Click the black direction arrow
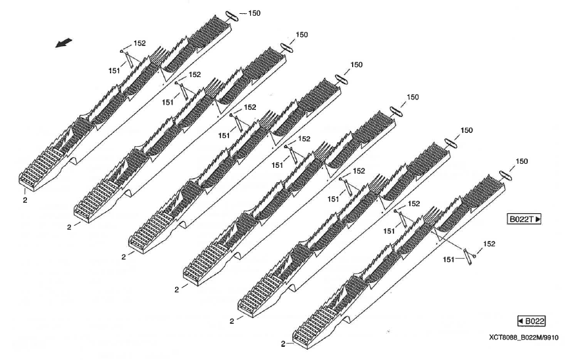click(x=64, y=42)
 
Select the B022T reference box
click(x=523, y=219)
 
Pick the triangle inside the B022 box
click(x=522, y=321)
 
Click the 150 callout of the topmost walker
click(x=254, y=13)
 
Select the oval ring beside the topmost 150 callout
click(x=235, y=15)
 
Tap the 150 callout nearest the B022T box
click(x=521, y=161)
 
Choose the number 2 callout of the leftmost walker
click(x=24, y=182)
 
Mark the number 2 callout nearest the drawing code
click(x=283, y=344)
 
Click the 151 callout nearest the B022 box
click(x=449, y=260)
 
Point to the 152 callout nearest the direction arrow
click(x=140, y=43)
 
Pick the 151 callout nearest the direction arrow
click(x=115, y=68)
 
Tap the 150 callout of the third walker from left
click(x=356, y=64)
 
